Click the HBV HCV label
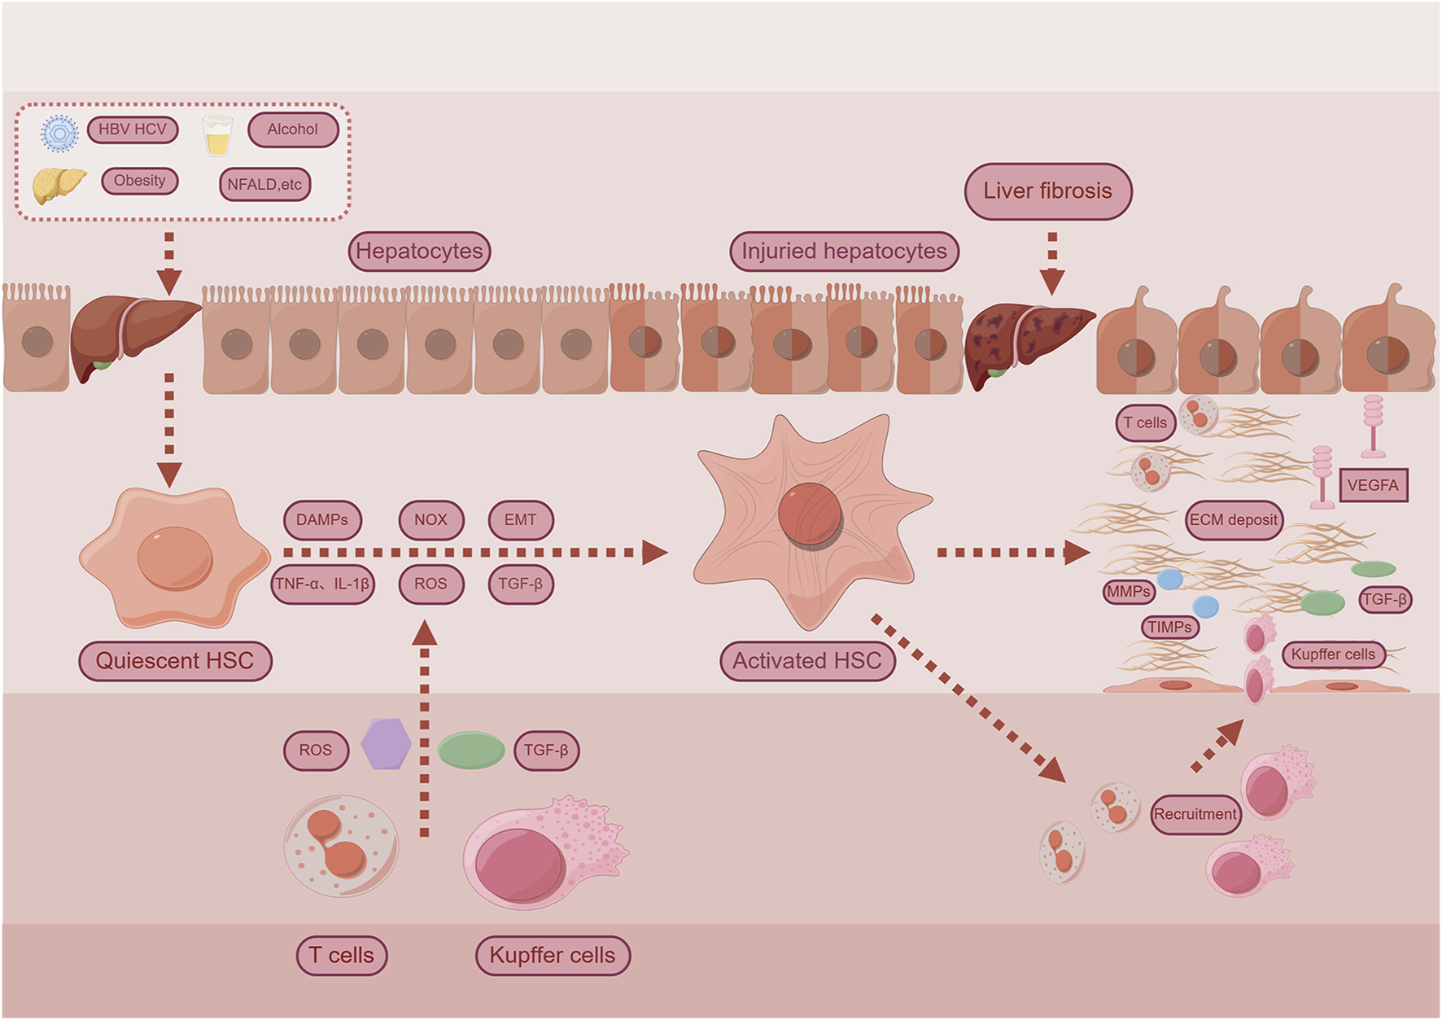point(133,129)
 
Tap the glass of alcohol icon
point(216,136)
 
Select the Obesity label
point(139,181)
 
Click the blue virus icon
point(59,133)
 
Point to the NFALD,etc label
point(264,185)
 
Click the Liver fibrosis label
point(1047,191)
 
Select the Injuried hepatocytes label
point(844,251)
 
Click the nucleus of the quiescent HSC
point(174,558)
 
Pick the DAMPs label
point(322,520)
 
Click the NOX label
point(430,520)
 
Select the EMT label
point(520,520)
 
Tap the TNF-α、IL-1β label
point(322,584)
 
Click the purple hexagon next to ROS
point(386,743)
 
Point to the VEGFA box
point(1372,485)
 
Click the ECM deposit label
point(1234,520)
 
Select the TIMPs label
point(1169,628)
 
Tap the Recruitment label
point(1195,814)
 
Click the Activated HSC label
point(806,661)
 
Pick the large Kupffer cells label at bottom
point(553,955)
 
